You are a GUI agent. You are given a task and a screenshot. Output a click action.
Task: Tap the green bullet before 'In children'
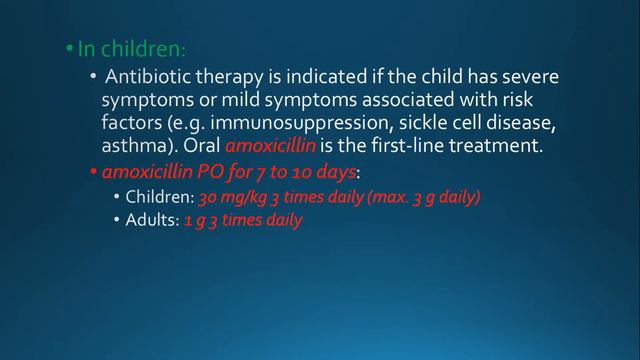(x=69, y=49)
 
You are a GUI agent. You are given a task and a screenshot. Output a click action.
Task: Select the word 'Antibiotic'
(x=149, y=77)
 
